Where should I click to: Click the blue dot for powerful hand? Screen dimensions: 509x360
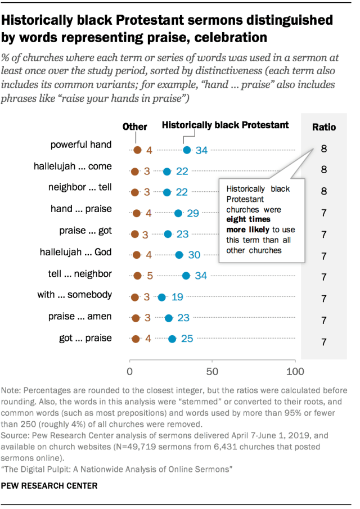pos(187,150)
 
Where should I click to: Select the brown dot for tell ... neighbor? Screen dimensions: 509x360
pos(137,276)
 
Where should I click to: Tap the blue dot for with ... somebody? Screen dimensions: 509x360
pos(162,297)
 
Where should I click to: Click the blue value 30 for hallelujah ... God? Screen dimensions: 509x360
pos(194,255)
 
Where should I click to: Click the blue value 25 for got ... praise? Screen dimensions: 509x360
pos(187,339)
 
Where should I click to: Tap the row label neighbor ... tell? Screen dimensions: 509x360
pos(83,187)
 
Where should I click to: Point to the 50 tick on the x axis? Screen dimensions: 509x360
pos(212,372)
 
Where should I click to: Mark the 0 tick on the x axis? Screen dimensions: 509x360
pos(130,372)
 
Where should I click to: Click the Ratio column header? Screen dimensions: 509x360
pos(324,127)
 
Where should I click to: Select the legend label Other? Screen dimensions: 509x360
pos(134,127)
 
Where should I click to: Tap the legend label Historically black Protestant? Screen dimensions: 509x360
pos(225,125)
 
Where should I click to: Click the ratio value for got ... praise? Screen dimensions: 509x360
pos(324,341)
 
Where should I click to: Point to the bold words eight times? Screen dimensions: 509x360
pos(248,219)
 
